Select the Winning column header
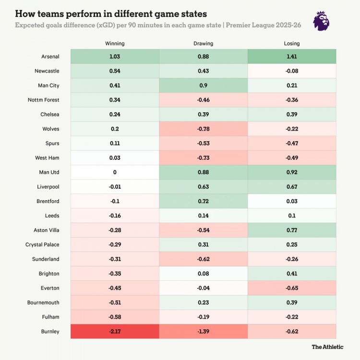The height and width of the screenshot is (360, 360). click(115, 44)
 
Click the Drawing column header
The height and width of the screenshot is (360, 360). click(203, 44)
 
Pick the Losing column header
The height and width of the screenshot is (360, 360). click(292, 44)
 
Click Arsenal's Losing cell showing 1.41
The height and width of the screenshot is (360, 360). click(292, 57)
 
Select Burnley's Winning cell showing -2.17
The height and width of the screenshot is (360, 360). click(115, 331)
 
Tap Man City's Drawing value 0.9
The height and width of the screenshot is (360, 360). click(203, 85)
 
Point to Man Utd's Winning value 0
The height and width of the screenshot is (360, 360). click(115, 172)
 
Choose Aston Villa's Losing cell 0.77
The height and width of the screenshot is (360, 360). click(292, 230)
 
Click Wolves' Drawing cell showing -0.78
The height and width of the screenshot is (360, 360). click(203, 129)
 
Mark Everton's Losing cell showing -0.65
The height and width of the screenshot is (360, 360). click(292, 288)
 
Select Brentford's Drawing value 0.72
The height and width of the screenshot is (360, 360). click(203, 201)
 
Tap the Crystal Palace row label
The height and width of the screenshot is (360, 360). click(42, 245)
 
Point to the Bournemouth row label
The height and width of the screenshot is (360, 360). click(44, 302)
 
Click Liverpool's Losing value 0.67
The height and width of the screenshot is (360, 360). click(292, 187)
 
